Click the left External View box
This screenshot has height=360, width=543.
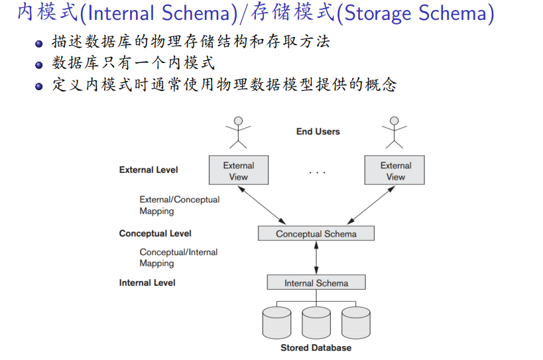point(239,170)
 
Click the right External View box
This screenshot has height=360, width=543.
point(395,170)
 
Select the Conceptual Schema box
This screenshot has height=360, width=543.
point(316,233)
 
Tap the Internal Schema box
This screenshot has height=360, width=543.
point(316,282)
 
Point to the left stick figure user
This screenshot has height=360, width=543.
point(238,132)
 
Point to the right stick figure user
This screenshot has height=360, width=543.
point(394,132)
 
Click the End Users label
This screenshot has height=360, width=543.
point(318,131)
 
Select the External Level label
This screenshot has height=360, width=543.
point(149,170)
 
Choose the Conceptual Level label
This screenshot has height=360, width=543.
point(155,233)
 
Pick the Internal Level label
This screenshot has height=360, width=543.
point(147,282)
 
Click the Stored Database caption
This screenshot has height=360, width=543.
point(316,347)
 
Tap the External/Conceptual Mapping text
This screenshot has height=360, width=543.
point(179,205)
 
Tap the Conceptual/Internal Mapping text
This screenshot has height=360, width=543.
point(178,257)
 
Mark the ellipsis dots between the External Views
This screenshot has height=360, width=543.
point(318,172)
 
